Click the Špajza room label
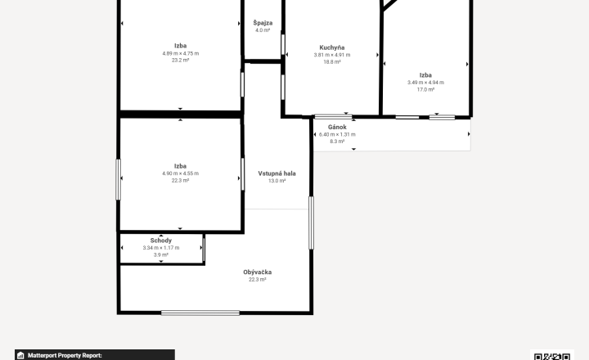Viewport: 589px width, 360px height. (263, 23)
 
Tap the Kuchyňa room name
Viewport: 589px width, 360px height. (332, 47)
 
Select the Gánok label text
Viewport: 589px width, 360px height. (337, 127)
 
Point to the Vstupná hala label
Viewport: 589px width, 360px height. (277, 173)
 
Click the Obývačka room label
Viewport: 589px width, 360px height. (258, 272)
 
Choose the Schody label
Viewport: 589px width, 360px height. (161, 241)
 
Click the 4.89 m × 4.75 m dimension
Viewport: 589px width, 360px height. (181, 53)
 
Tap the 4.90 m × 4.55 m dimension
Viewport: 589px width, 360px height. (181, 173)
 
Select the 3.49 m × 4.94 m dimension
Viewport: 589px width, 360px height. (425, 83)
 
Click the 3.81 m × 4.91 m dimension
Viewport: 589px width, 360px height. (332, 55)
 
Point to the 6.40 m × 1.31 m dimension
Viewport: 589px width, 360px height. (337, 134)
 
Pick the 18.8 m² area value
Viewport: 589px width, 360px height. (332, 62)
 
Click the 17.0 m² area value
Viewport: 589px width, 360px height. (425, 90)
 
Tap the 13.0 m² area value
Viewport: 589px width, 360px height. (277, 181)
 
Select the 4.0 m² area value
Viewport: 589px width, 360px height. (263, 30)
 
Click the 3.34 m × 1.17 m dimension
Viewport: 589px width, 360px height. (161, 248)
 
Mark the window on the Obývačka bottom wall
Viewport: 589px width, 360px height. (200, 313)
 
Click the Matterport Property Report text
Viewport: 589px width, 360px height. (65, 355)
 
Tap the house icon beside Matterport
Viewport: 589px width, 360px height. (20, 355)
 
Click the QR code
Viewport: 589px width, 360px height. (552, 356)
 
